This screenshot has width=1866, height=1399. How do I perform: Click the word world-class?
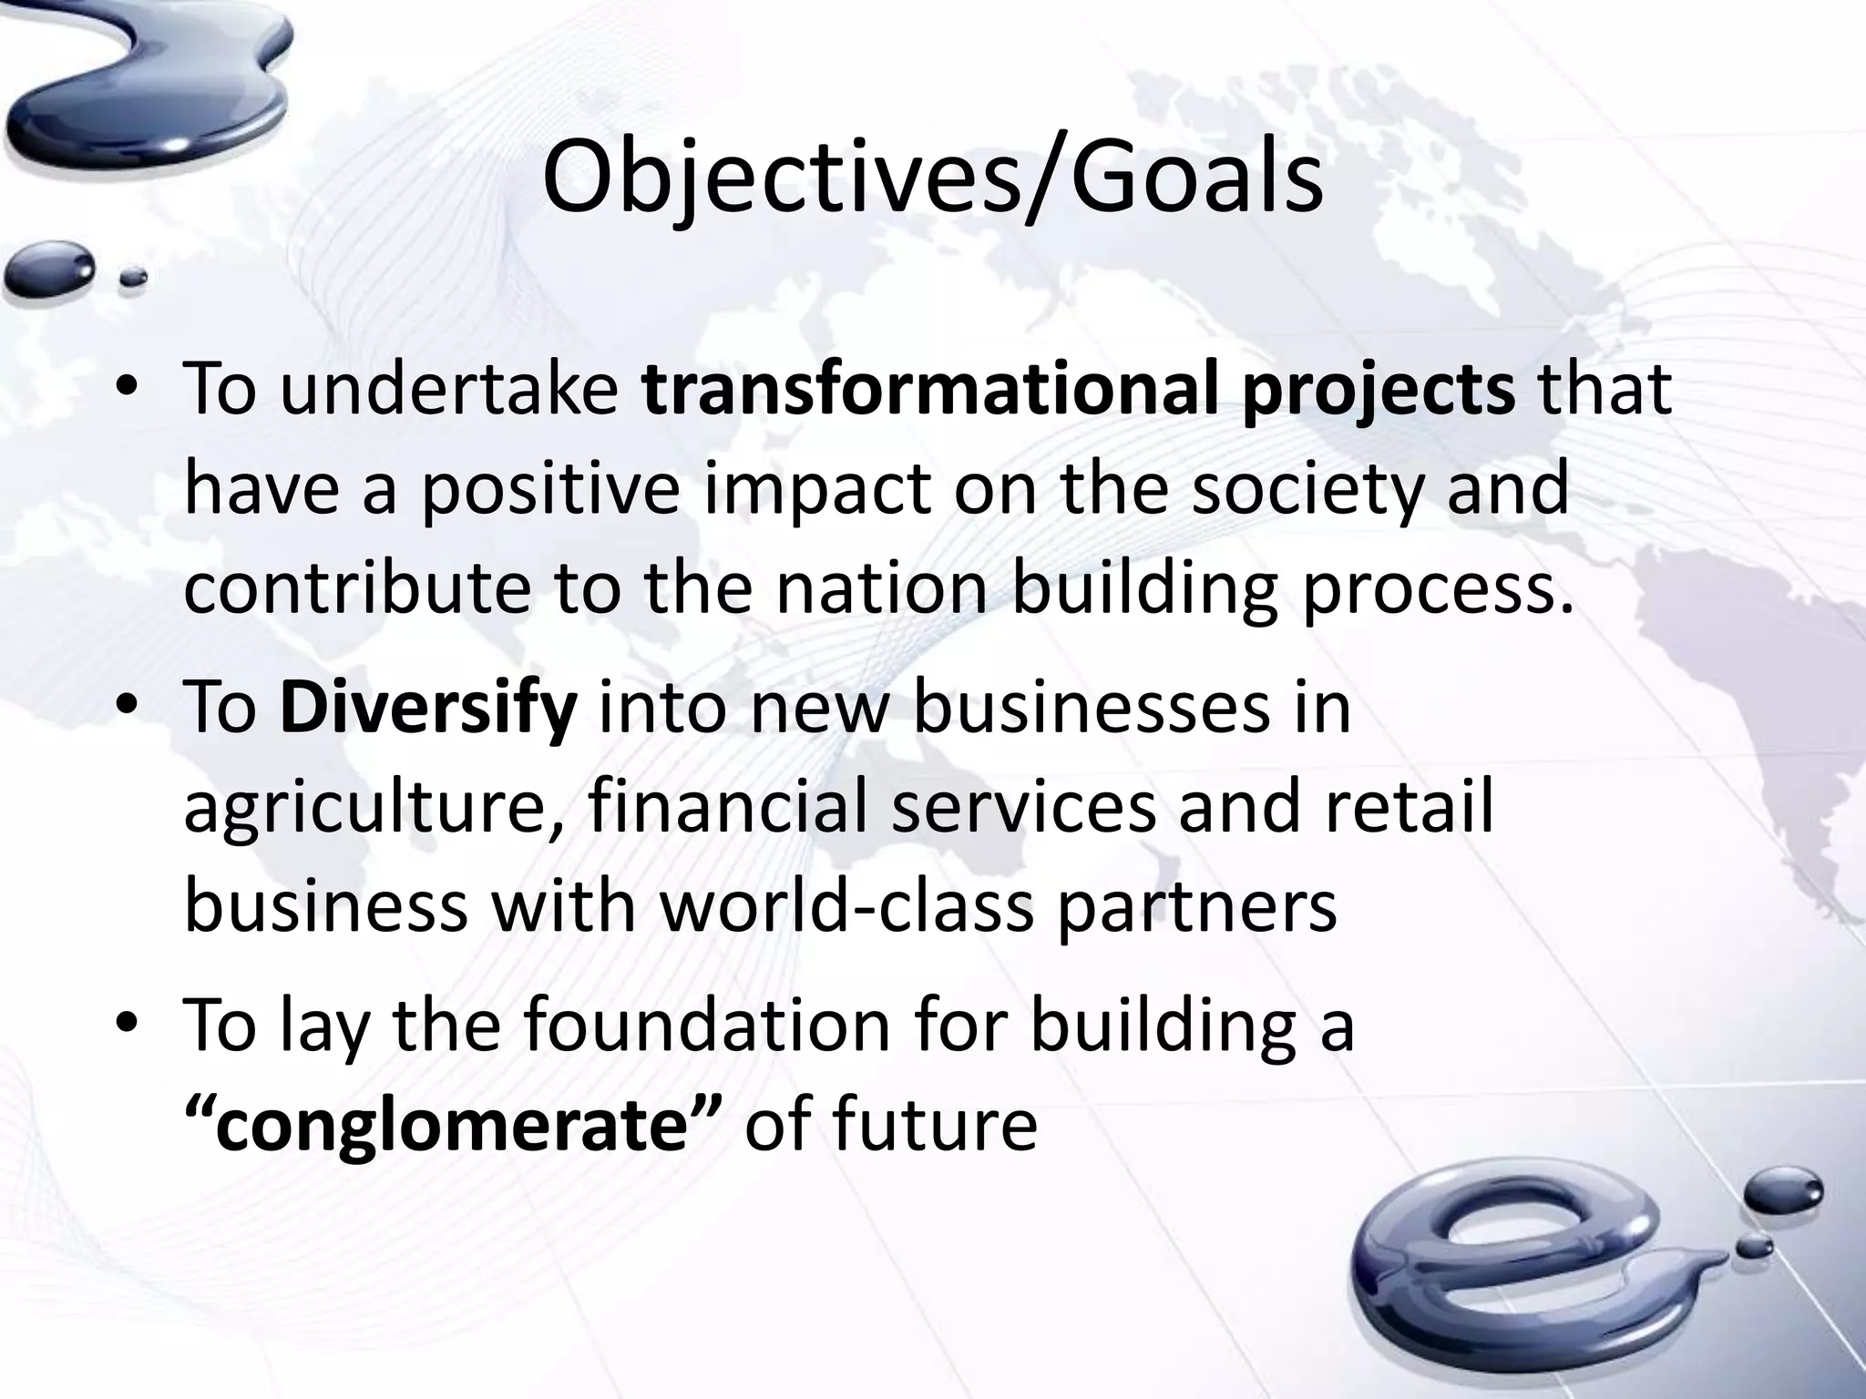coord(847,906)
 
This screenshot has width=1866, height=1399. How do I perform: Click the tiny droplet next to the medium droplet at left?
coord(134,278)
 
